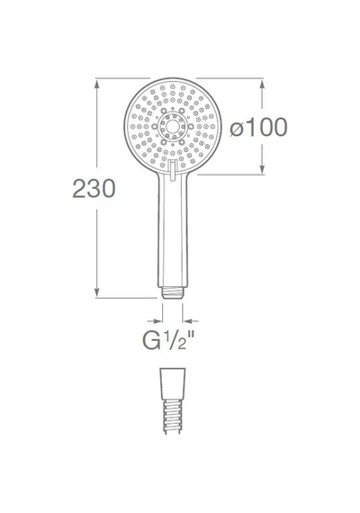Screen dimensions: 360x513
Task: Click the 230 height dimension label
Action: pyautogui.click(x=94, y=188)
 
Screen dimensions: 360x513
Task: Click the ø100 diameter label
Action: pyautogui.click(x=258, y=127)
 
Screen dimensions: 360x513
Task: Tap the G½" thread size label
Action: pyautogui.click(x=169, y=339)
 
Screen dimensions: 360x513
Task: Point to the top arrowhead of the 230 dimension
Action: pyautogui.click(x=96, y=84)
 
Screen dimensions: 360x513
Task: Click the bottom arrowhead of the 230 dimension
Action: pyautogui.click(x=96, y=292)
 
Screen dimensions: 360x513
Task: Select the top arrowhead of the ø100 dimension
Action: pyautogui.click(x=262, y=85)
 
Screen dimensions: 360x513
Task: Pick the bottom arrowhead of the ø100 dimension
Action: pyautogui.click(x=262, y=169)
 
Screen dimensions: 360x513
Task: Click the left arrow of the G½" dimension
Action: pyautogui.click(x=155, y=321)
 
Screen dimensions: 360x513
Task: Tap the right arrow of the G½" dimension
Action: pyautogui.click(x=190, y=321)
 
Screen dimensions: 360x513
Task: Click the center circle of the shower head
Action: pyautogui.click(x=173, y=126)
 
